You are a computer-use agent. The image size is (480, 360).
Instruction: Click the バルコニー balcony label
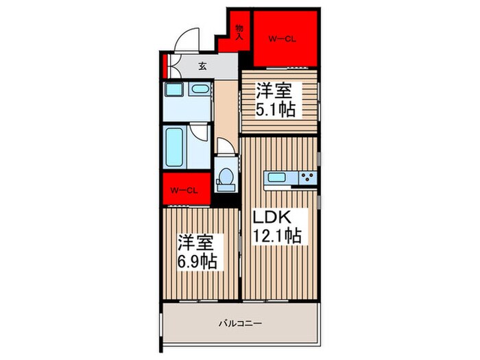[241, 322]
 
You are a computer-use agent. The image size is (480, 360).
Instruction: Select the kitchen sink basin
[278, 178]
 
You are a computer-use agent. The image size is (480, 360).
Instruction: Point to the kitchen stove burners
[307, 178]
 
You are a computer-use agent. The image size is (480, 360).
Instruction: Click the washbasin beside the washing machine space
[200, 89]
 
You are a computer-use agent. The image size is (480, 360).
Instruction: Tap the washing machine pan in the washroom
[173, 91]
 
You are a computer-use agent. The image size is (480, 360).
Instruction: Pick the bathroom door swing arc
[199, 134]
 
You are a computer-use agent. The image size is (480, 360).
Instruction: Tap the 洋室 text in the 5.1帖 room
[273, 89]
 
